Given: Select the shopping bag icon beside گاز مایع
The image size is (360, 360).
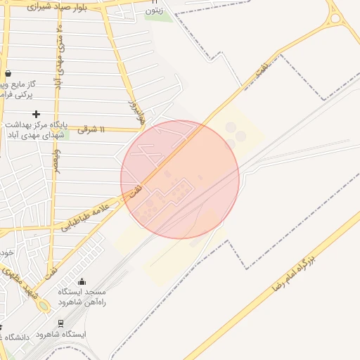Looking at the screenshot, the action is (8, 73).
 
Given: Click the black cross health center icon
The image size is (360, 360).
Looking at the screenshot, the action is (36, 114).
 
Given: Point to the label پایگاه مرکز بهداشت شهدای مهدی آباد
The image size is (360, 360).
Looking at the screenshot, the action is (34, 128).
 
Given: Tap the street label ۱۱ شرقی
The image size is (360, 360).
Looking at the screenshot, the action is (91, 129).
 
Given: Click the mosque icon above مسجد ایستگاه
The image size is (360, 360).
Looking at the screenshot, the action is (81, 281).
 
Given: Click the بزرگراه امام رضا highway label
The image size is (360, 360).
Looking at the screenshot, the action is (296, 269).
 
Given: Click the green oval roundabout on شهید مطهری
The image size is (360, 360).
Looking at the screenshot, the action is (44, 306).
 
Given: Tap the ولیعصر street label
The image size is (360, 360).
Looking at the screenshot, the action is (56, 159).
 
